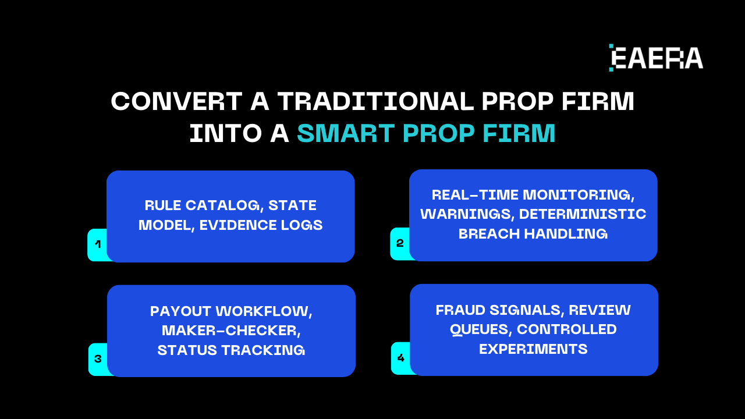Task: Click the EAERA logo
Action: click(656, 58)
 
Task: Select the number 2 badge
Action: click(400, 243)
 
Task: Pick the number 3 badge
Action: click(98, 359)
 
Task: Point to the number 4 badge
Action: click(400, 358)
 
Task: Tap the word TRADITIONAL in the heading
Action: click(375, 102)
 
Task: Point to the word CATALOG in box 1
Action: click(223, 205)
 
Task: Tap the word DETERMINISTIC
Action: click(583, 214)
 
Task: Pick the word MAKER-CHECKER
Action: click(231, 331)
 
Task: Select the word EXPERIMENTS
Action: click(533, 349)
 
